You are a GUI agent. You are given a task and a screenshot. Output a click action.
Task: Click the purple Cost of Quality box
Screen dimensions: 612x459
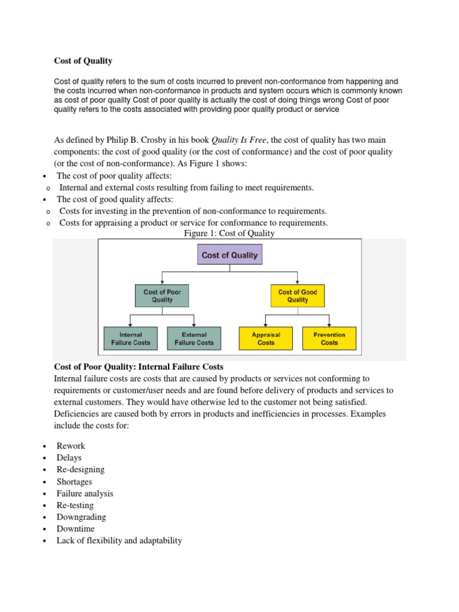point(229,255)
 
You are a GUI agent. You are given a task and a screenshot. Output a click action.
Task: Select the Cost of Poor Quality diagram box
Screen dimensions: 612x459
point(162,296)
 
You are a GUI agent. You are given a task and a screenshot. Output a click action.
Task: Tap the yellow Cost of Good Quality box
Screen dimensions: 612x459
point(297,296)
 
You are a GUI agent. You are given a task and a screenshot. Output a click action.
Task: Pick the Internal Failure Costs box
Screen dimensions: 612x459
point(131,339)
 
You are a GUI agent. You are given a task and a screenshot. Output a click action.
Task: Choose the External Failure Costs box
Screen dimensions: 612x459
point(194,339)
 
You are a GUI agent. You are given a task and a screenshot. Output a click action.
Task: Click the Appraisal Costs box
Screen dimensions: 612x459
point(266,339)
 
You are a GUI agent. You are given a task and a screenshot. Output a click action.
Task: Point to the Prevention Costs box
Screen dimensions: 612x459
point(329,339)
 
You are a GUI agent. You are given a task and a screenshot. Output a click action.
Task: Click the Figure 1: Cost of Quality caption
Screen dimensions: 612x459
point(229,234)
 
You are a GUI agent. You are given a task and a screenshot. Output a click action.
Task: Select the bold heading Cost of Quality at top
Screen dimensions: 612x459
point(83,61)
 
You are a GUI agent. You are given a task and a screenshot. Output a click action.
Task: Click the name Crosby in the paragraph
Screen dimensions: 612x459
point(156,140)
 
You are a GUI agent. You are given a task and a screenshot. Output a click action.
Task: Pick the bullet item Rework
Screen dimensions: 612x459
point(71,446)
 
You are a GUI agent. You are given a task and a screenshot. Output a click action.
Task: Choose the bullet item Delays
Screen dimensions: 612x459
point(69,458)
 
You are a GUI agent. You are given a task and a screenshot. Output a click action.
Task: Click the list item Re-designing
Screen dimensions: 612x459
point(80,470)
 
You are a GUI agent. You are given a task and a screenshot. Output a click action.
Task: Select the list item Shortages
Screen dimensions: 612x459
point(74,482)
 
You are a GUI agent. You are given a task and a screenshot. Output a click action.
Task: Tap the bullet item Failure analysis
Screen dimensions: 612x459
point(84,494)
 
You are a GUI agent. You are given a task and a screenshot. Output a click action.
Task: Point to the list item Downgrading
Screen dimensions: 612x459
point(81,517)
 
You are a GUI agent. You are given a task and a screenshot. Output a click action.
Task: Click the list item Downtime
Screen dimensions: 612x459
point(75,529)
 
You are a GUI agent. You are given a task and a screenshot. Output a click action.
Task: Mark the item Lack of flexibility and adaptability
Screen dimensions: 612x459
point(119,541)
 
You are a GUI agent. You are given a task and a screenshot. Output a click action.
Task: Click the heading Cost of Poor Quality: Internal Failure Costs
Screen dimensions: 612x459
point(139,366)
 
